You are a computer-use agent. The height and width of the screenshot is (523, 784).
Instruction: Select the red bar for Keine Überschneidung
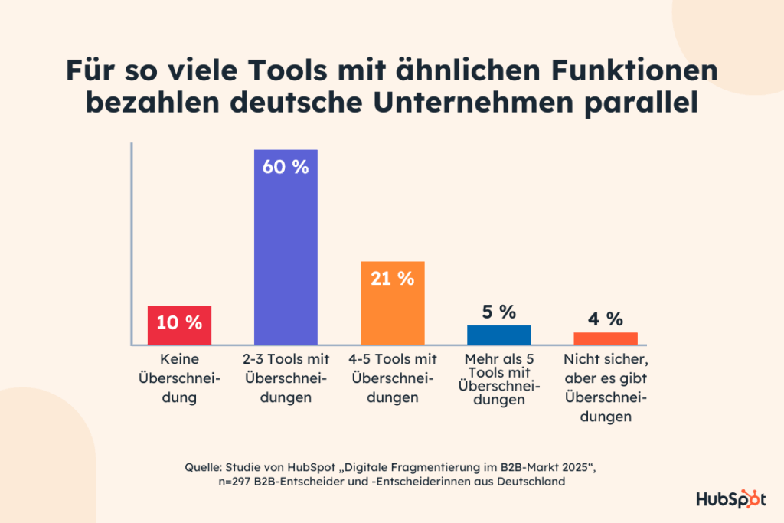pos(179,325)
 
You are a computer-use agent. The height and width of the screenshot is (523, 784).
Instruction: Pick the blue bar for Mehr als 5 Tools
pos(498,335)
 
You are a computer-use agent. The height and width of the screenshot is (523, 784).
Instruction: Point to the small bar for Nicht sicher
pos(605,338)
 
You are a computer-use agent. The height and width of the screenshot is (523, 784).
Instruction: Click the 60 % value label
pos(286,166)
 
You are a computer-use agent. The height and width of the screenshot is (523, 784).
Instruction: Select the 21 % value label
pos(392,279)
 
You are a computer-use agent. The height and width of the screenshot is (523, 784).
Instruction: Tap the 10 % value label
pos(179,322)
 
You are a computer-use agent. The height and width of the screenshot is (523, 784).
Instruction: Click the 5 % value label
pos(498,312)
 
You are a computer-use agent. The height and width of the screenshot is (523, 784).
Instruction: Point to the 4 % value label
pos(605,319)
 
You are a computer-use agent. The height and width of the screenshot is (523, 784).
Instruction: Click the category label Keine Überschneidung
pos(179,378)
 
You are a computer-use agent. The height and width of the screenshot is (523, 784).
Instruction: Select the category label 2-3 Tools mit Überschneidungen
pos(286,378)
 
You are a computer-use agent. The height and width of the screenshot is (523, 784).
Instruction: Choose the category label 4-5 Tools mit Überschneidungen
pos(392,378)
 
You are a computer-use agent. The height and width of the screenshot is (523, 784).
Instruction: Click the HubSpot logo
pos(730,499)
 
